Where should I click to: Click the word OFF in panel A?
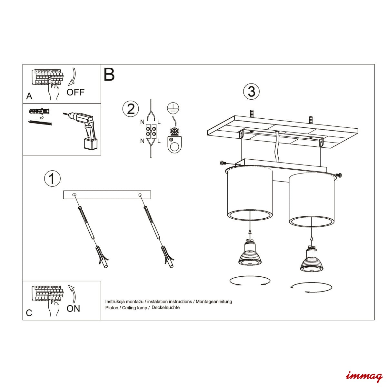point(75,92)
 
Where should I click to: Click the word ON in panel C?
point(73,309)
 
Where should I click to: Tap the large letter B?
point(109,74)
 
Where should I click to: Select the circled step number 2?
point(131,109)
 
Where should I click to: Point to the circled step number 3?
point(251,91)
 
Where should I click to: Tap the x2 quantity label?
point(42,118)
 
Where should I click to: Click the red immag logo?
point(364,376)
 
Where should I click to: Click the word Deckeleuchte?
point(165,307)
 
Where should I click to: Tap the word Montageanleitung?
point(214,302)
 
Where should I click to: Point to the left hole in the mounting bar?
point(74,194)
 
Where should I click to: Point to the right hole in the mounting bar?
point(140,194)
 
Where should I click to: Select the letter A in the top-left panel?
point(29,96)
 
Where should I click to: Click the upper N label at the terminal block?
point(142,122)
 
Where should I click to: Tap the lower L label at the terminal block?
point(159,141)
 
